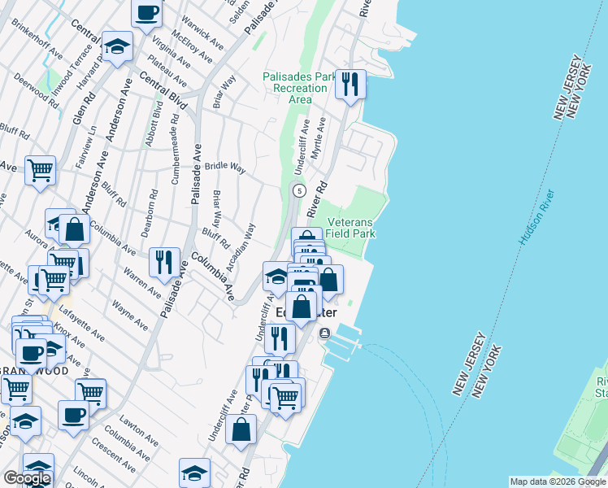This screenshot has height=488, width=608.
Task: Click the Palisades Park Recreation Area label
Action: tap(300, 88)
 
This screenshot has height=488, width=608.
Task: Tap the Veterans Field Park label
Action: tap(351, 228)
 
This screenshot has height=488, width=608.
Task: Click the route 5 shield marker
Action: tap(300, 190)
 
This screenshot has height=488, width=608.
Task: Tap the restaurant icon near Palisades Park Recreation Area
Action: tap(350, 84)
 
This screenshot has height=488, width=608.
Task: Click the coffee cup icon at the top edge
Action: tap(146, 13)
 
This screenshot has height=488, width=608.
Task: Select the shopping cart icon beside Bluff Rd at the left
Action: tap(40, 170)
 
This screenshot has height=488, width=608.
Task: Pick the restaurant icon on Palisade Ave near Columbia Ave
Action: tap(165, 261)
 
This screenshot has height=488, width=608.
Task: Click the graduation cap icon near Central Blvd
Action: tap(118, 46)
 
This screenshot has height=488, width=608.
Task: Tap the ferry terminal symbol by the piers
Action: tap(324, 333)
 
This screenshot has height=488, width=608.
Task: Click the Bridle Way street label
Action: tap(225, 167)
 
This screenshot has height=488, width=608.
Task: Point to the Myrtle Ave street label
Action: tap(322, 136)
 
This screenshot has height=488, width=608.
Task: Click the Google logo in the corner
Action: tap(27, 478)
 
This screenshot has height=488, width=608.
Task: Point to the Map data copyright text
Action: tap(557, 481)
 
